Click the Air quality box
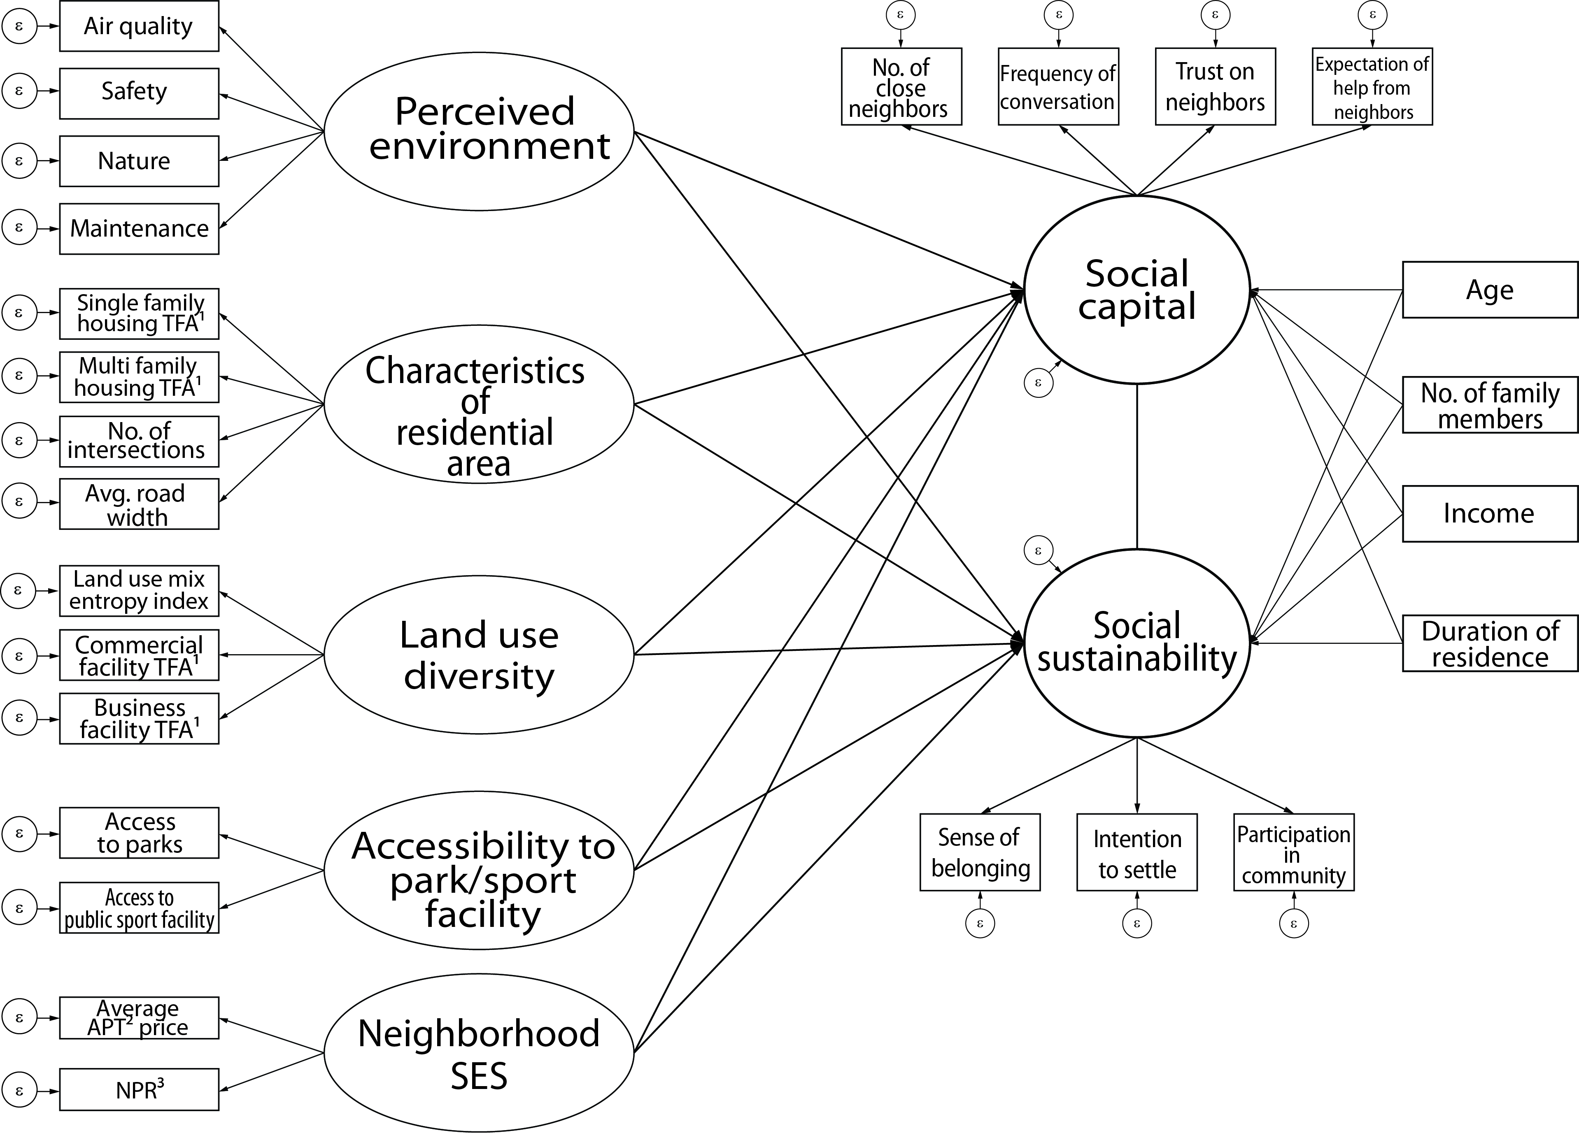(x=139, y=26)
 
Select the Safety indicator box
(x=139, y=93)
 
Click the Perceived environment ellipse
(x=479, y=131)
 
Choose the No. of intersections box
(x=139, y=441)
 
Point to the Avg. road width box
(x=139, y=504)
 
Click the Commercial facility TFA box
(x=139, y=655)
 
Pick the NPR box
(x=139, y=1089)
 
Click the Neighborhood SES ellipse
(x=479, y=1052)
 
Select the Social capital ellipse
(x=1137, y=290)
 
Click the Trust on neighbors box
(x=1215, y=86)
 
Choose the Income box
(x=1489, y=513)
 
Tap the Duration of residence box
(x=1489, y=643)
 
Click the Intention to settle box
(x=1137, y=852)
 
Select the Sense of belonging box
(x=980, y=852)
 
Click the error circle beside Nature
(x=19, y=161)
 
